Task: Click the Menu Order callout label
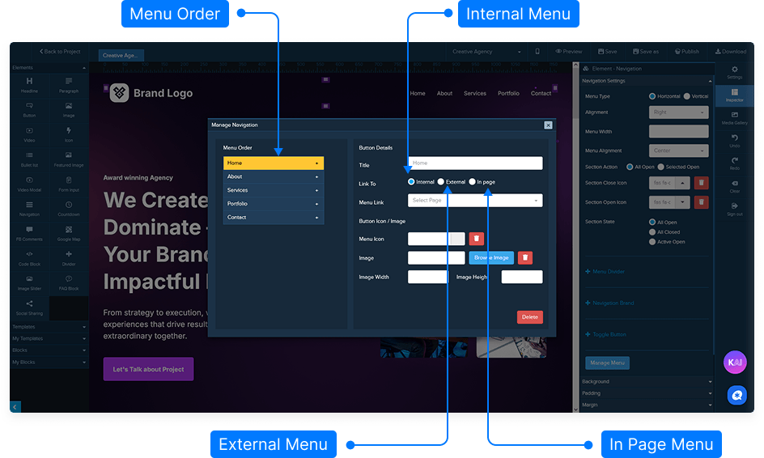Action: coord(175,14)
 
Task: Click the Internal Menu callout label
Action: coord(518,14)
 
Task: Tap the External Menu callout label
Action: coord(273,444)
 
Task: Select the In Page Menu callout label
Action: coord(661,444)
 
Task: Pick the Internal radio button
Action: coord(412,182)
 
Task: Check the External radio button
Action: coord(441,182)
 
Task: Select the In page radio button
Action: coord(473,182)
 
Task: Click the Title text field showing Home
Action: coord(475,163)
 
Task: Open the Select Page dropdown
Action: coord(475,201)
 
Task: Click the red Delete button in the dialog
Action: coord(529,317)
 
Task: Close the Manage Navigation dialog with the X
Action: coord(548,125)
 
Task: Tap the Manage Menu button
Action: coord(607,363)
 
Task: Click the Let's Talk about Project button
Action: coord(148,369)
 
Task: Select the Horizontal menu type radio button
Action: coord(653,96)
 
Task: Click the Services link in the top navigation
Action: coord(475,93)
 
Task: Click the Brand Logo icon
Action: coord(120,93)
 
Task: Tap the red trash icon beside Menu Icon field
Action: coord(477,239)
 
